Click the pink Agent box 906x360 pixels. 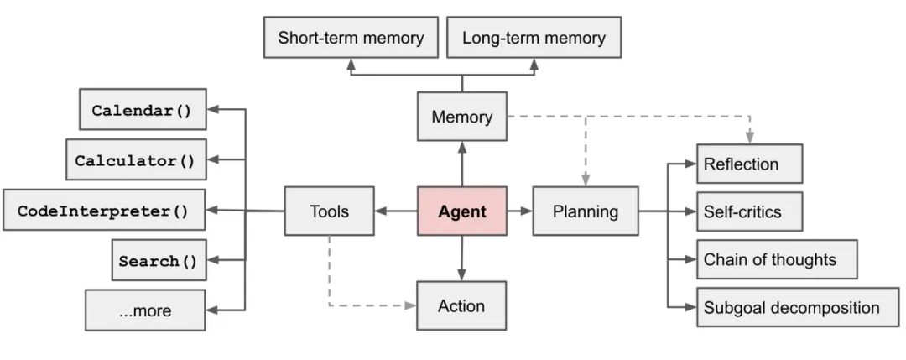tap(462, 211)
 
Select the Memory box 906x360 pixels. tap(462, 117)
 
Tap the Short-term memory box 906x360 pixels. tap(351, 38)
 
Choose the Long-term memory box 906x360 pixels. tap(533, 38)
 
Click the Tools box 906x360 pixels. tap(329, 211)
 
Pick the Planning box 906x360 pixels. tap(585, 211)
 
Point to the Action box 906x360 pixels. tap(461, 305)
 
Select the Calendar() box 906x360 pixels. tap(142, 110)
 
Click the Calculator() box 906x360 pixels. tap(135, 159)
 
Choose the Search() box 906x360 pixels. tap(158, 260)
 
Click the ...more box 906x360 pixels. tap(145, 310)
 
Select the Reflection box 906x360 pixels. tap(750, 164)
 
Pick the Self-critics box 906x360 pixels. tap(750, 211)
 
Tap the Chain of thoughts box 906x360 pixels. tap(777, 259)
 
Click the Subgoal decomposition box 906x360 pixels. tap(798, 307)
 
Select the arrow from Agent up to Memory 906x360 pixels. tap(462, 164)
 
